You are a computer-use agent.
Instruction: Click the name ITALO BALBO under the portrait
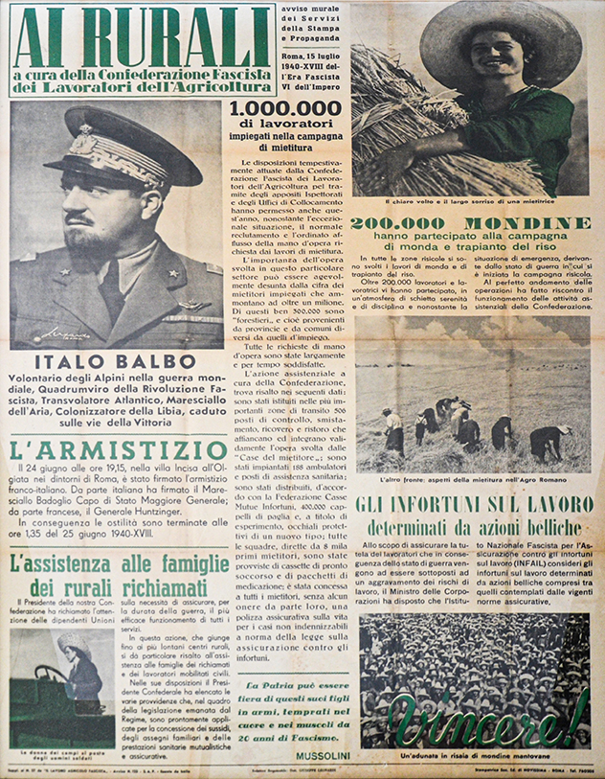[117, 363]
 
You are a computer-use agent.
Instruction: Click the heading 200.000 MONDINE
[470, 223]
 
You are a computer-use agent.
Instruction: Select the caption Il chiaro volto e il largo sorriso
[470, 201]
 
